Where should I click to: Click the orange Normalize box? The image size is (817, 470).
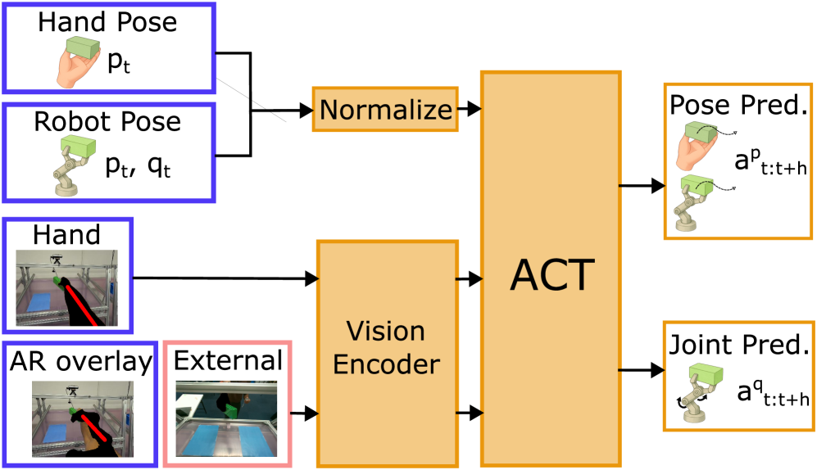[384, 109]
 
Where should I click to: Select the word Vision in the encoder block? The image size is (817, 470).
[385, 332]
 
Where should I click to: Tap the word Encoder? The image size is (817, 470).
[386, 364]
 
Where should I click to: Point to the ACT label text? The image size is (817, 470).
[551, 275]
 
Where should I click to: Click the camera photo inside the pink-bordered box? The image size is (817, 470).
[226, 418]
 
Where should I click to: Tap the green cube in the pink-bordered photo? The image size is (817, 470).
[232, 409]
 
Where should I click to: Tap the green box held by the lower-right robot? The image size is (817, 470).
[705, 375]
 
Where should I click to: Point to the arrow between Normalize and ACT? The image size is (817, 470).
[469, 108]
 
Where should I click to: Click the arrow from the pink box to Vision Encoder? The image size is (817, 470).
[304, 414]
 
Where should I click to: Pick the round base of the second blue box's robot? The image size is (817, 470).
[66, 190]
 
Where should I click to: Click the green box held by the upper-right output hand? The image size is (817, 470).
[701, 131]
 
